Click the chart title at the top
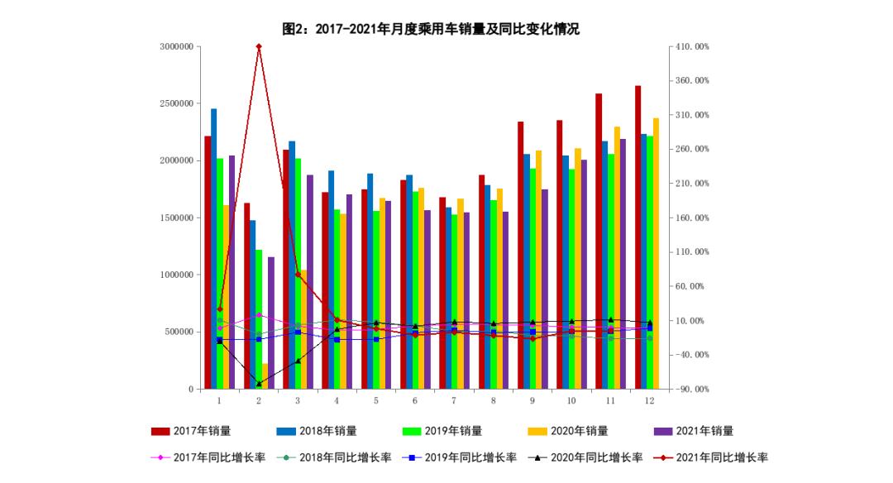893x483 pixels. click(x=431, y=29)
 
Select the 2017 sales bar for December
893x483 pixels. click(x=638, y=240)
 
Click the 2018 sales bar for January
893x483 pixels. click(x=213, y=248)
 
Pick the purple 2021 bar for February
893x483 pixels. click(x=270, y=323)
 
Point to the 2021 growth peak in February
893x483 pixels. click(x=259, y=46)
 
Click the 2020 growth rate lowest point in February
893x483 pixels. click(x=259, y=384)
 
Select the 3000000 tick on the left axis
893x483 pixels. click(x=176, y=47)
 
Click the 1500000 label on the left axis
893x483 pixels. click(x=176, y=218)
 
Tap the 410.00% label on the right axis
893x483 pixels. click(x=693, y=47)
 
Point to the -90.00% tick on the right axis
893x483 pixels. click(x=693, y=389)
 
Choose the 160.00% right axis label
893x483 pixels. click(x=693, y=218)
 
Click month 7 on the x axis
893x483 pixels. click(x=454, y=400)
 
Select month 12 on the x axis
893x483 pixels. click(x=649, y=400)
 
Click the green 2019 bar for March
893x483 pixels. click(x=298, y=273)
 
